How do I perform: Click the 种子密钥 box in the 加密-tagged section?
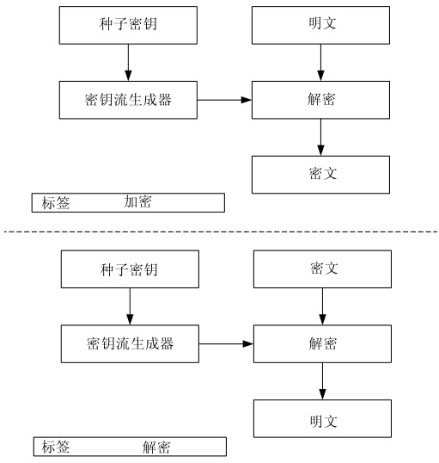[128, 26]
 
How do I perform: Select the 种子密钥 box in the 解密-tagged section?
[130, 269]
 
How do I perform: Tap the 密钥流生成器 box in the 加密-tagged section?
[128, 100]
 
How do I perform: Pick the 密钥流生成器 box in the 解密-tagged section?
[130, 343]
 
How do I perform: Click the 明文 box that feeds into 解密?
[320, 26]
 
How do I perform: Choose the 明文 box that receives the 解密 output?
[322, 418]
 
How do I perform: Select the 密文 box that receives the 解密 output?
[320, 175]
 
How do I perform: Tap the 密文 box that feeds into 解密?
[322, 269]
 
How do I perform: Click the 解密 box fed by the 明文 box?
[320, 100]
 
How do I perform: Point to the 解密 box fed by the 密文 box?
[322, 343]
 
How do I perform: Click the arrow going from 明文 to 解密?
[320, 63]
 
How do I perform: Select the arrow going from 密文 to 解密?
[322, 306]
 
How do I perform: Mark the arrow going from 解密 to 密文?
[320, 138]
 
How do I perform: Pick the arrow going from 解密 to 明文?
[322, 381]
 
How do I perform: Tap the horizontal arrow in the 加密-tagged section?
[224, 100]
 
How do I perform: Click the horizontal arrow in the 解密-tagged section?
[226, 343]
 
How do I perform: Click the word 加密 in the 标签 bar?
[137, 202]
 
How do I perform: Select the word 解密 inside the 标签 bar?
[156, 447]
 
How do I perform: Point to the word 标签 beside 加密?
[56, 203]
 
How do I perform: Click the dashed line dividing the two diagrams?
[221, 231]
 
